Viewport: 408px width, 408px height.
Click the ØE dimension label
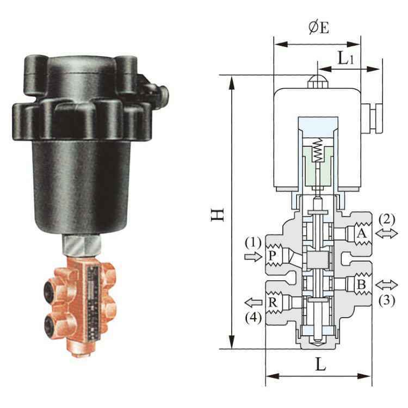point(319,28)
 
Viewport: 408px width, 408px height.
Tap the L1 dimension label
point(346,58)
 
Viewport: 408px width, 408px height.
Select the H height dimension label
point(218,215)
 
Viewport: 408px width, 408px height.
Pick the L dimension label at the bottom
point(320,364)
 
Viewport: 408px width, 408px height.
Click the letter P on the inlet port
point(272,256)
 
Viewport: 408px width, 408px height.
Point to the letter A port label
point(361,233)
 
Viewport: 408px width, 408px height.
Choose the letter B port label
point(361,285)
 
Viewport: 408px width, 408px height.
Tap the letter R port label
point(273,302)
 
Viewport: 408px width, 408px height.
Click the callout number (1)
point(253,243)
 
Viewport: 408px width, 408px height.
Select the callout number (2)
point(387,219)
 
